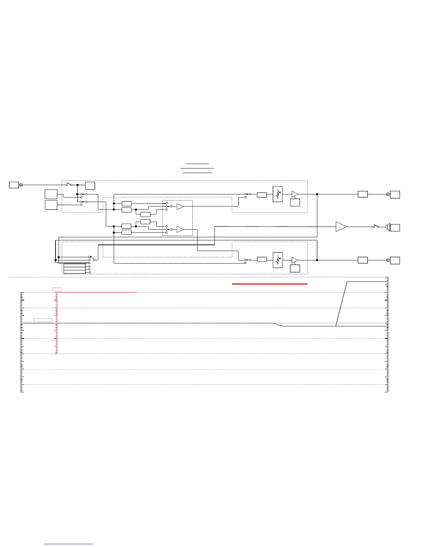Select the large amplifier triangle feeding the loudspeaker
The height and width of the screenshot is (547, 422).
point(341,227)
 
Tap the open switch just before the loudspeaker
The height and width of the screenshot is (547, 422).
point(376,226)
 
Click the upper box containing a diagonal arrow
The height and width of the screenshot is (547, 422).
point(278,194)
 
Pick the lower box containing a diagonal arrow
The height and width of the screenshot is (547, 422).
point(278,260)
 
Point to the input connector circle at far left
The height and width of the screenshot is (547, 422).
point(21,185)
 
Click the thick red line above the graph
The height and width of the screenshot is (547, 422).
point(270,284)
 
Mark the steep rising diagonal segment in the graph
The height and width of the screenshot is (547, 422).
point(341,304)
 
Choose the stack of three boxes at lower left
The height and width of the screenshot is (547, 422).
point(74,269)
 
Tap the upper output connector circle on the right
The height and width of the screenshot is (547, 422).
point(388,194)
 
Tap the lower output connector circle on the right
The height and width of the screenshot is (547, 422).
point(388,260)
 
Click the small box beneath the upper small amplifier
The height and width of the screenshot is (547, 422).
point(295,203)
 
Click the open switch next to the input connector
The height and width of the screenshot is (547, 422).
point(69,184)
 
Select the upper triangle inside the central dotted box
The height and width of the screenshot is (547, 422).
point(180,207)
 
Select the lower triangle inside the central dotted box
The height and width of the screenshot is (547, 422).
point(180,229)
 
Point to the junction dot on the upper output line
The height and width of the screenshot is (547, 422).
point(317,194)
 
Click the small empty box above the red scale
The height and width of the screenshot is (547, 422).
point(57,289)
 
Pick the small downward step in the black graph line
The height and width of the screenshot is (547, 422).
point(278,325)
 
